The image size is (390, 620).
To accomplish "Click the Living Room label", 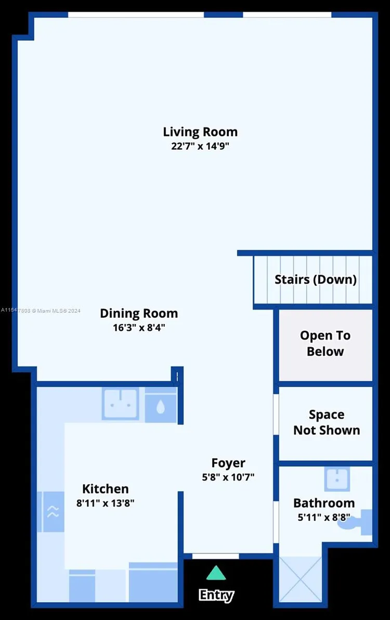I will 200,132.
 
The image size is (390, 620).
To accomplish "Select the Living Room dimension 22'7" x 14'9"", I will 200,146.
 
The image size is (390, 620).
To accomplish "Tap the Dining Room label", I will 139,314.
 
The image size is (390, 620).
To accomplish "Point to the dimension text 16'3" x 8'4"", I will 139,328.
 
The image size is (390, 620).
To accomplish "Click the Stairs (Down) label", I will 316,279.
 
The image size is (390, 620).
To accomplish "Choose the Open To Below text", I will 326,343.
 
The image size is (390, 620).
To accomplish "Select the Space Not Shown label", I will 327,422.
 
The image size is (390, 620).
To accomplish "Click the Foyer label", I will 228,462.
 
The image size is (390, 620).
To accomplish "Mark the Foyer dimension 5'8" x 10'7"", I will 228,476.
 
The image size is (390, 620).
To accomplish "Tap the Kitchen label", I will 106,489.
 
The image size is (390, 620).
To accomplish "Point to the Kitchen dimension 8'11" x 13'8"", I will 106,503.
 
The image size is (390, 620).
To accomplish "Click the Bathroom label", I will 324,503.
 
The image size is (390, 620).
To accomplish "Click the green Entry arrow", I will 216,573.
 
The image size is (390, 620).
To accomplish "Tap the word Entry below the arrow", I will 216,595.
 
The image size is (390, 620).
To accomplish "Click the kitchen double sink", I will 120,404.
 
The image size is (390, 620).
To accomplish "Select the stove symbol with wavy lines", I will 53,512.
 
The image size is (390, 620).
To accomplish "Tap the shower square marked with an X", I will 301,578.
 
